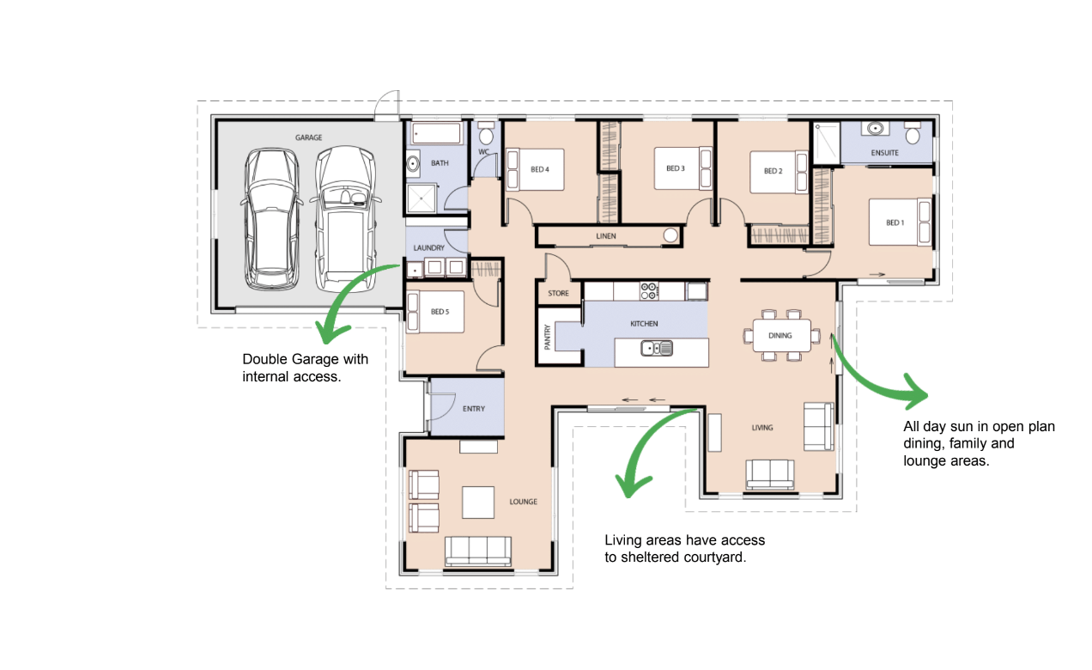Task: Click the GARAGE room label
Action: (x=308, y=137)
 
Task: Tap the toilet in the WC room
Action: (x=486, y=133)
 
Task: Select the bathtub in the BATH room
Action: (x=437, y=133)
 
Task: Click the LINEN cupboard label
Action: (x=606, y=236)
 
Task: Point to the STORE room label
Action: (x=558, y=293)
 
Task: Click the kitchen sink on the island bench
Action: (x=657, y=348)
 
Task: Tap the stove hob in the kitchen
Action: (x=649, y=291)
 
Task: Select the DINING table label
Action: (x=780, y=336)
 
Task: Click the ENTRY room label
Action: (x=474, y=409)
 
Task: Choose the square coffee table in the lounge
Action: (x=477, y=502)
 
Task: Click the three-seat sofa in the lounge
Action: (x=478, y=551)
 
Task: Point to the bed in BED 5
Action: (x=435, y=312)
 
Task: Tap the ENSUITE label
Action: (x=884, y=153)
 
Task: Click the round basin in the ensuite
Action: (x=876, y=129)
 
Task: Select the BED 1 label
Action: (x=895, y=222)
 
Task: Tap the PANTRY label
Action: (x=547, y=337)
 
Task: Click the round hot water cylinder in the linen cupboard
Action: (x=670, y=235)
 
